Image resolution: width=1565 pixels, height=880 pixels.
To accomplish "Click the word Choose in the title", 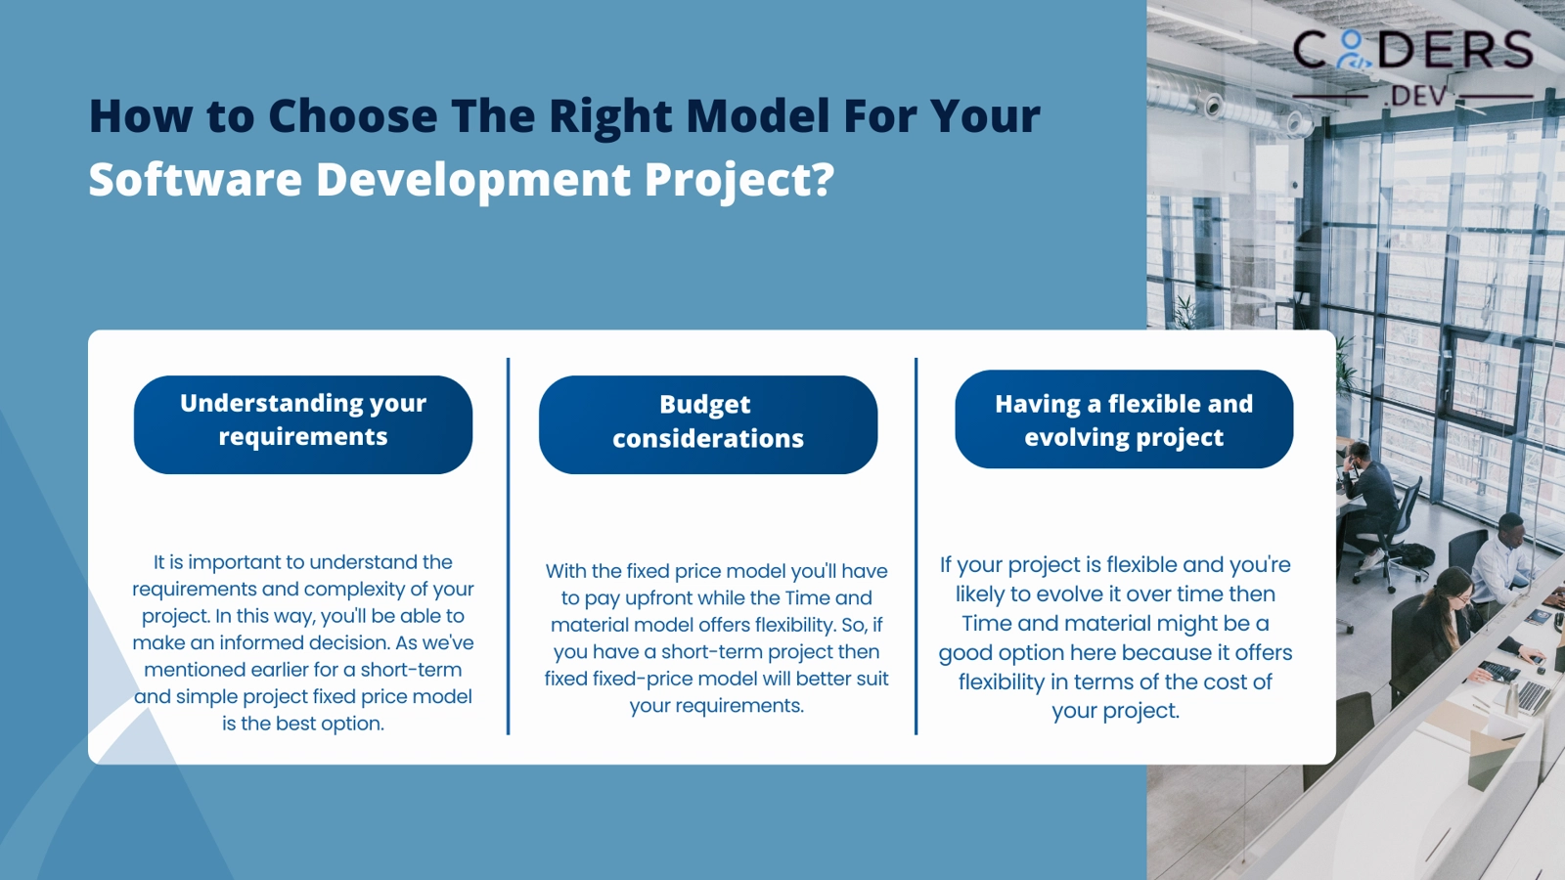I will (352, 116).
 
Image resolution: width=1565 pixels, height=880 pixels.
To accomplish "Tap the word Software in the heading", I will (195, 180).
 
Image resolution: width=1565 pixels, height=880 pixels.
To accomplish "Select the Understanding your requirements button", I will (303, 424).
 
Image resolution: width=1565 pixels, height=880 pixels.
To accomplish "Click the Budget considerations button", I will (707, 424).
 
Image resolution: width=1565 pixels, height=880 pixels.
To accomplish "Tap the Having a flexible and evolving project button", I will (1124, 419).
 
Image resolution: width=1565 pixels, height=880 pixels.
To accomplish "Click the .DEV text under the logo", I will (1417, 97).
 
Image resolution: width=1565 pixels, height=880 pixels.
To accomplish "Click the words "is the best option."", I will (303, 724).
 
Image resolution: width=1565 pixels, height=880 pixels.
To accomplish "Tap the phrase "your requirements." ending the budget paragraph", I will (716, 706).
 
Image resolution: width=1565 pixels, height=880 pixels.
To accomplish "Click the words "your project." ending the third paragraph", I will (1115, 711).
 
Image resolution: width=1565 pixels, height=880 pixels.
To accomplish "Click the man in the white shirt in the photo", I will (1502, 557).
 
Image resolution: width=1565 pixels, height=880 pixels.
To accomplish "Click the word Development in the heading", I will (473, 180).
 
